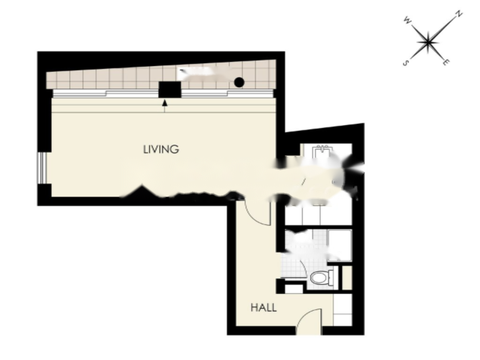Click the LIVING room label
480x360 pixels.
tap(161, 150)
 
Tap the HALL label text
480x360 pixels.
tap(263, 308)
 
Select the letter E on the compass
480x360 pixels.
tap(446, 62)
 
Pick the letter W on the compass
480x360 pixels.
tap(407, 20)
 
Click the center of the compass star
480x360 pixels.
tap(428, 42)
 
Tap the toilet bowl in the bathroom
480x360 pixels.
tap(318, 278)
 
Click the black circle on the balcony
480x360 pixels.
tap(239, 82)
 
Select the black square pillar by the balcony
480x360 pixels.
tap(170, 90)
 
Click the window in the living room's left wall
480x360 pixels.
tap(44, 167)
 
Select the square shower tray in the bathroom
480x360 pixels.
tap(339, 245)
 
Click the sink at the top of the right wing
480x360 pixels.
tap(322, 151)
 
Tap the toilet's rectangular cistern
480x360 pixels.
tap(331, 277)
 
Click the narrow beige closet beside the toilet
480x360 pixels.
tap(347, 277)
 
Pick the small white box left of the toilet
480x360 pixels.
tap(294, 288)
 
